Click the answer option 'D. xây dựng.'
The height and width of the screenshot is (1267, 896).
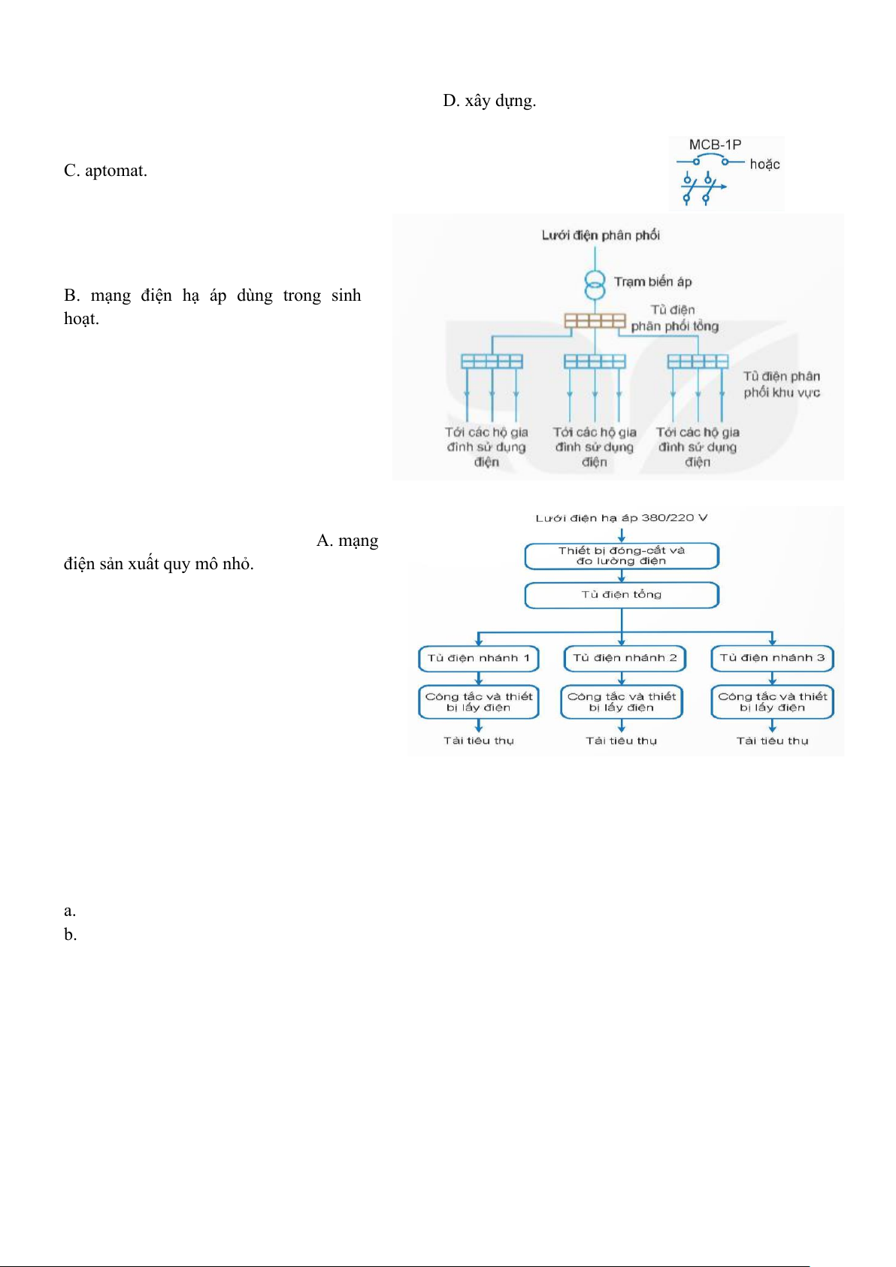click(x=489, y=101)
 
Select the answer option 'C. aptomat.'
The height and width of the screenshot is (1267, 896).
click(x=105, y=171)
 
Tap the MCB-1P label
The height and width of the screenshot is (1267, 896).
click(x=715, y=144)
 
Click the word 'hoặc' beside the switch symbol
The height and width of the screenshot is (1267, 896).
click(x=764, y=164)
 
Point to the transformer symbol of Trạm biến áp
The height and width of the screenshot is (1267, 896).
click(x=595, y=285)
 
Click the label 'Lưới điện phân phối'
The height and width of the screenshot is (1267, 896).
click(x=601, y=235)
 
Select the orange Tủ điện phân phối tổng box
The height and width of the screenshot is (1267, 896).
click(x=595, y=321)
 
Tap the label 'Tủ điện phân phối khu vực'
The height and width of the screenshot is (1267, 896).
click(x=782, y=384)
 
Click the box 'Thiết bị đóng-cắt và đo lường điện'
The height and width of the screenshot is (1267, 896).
click(x=622, y=556)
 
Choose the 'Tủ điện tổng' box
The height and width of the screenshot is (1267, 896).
click(x=622, y=595)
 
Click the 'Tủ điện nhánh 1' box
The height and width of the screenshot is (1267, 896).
click(x=479, y=658)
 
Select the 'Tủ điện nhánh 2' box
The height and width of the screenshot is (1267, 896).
click(x=625, y=658)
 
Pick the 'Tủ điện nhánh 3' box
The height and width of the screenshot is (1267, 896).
click(x=772, y=658)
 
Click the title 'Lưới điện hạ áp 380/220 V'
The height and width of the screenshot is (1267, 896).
click(x=622, y=518)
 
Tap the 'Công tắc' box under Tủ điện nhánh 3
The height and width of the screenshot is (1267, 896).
click(x=772, y=702)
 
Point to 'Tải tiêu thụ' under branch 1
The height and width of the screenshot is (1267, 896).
click(x=479, y=741)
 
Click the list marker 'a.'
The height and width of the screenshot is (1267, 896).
click(x=70, y=911)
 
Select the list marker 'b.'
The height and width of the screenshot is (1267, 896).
click(x=71, y=935)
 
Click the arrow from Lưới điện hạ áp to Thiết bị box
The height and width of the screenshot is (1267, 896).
click(x=622, y=535)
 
